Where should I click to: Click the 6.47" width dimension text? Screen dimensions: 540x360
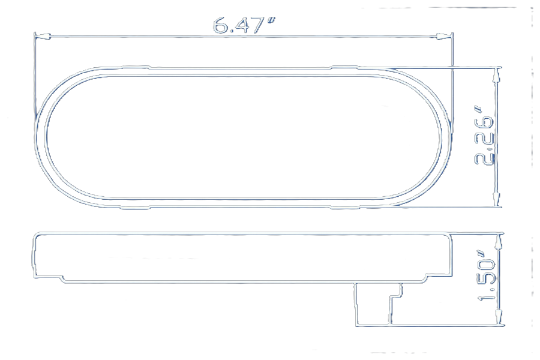(x=244, y=25)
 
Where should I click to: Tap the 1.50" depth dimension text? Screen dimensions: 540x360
(x=487, y=279)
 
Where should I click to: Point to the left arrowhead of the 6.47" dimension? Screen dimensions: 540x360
(x=43, y=35)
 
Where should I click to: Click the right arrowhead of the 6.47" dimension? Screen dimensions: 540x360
(x=444, y=36)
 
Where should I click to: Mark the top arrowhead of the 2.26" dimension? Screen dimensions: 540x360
(x=496, y=76)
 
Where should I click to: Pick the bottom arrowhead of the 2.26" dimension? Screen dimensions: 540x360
(x=497, y=199)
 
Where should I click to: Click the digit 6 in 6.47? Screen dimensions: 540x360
(x=220, y=26)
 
